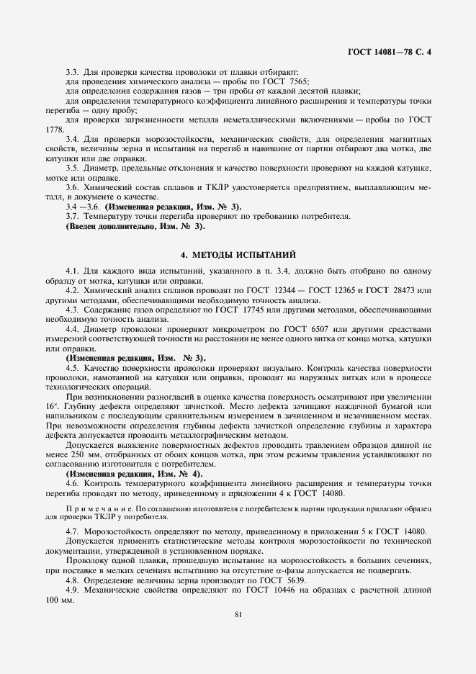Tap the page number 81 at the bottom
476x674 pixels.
click(x=238, y=614)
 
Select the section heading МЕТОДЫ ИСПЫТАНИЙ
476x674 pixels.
click(x=237, y=255)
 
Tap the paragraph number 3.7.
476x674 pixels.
click(x=72, y=216)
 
